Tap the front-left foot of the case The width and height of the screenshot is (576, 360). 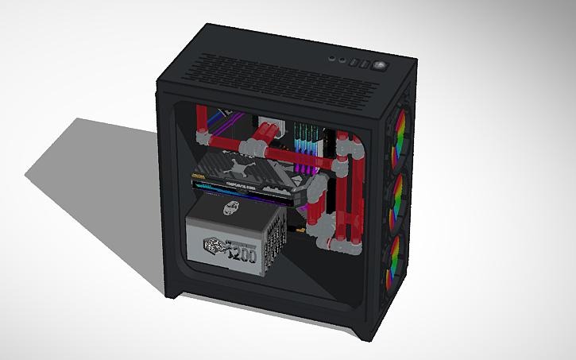(176, 293)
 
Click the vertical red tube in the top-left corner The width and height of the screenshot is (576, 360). (203, 119)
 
